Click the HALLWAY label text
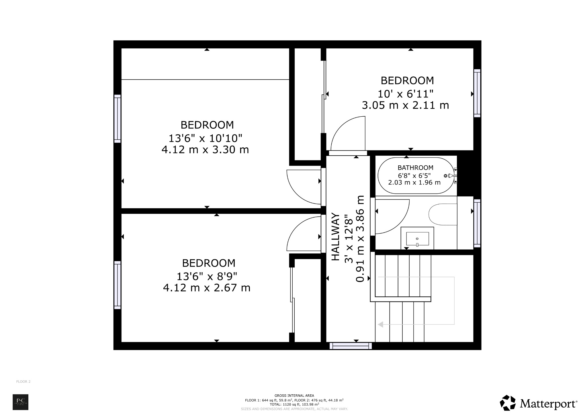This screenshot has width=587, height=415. pos(335,237)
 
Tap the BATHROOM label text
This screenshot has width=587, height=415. pos(415,168)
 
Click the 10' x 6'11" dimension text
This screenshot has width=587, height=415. pos(405,94)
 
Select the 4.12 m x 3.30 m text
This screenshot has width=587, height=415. pos(205,150)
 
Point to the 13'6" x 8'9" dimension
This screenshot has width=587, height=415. pos(207,277)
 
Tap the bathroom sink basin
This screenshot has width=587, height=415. pos(417,239)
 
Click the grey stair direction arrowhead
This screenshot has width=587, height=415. pos(381,324)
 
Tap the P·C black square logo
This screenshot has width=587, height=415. pos(20,402)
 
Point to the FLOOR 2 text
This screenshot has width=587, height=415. pos(23,381)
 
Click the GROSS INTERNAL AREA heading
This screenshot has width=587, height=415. pos(294,396)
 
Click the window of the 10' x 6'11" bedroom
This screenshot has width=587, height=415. pos(477,93)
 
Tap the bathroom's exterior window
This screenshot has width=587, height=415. pos(477,223)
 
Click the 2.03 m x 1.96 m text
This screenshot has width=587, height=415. pos(414,183)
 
